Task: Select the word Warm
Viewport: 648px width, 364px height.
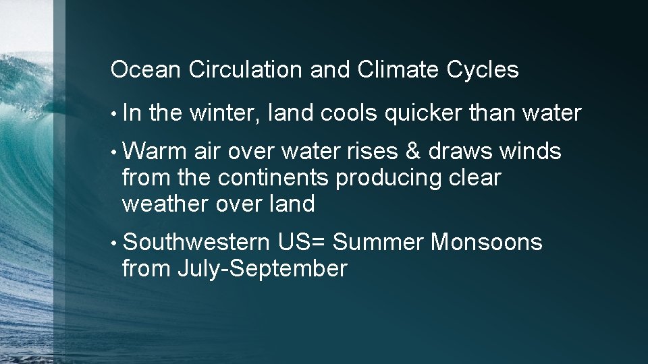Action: click(155, 152)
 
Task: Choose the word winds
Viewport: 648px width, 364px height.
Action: click(531, 152)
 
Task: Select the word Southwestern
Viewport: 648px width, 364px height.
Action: click(197, 241)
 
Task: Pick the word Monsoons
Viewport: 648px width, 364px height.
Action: click(486, 241)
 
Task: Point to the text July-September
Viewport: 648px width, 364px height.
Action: click(262, 269)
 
